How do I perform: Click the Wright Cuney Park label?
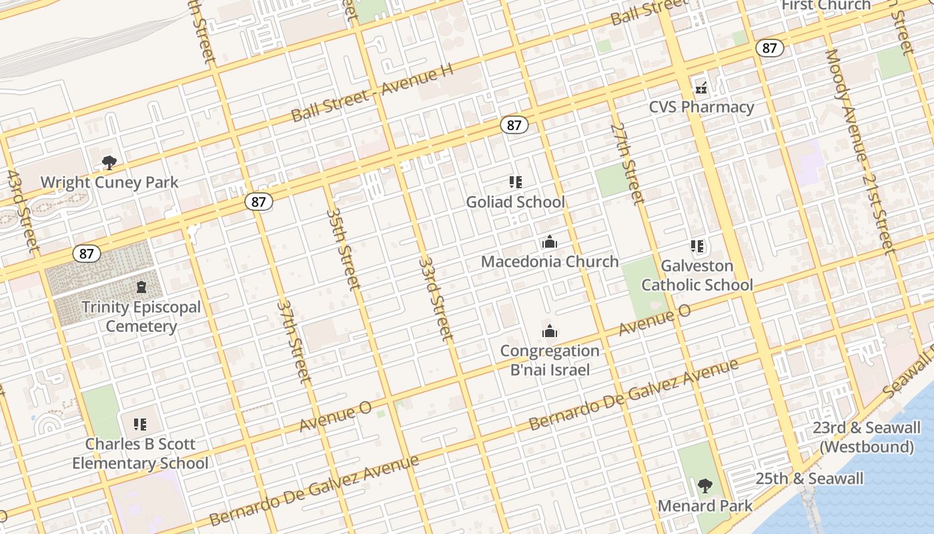click(x=109, y=182)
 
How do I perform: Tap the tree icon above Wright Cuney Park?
click(x=109, y=162)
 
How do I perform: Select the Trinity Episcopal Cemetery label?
click(x=141, y=317)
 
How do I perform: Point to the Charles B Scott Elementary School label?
click(x=140, y=453)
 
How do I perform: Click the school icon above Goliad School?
click(x=515, y=182)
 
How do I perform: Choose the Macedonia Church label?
click(x=550, y=262)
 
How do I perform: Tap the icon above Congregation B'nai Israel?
click(x=549, y=331)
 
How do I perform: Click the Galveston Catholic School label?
click(x=697, y=275)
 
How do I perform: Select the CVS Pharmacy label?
click(x=702, y=107)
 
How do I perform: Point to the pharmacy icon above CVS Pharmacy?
click(x=701, y=87)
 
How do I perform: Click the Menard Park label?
click(x=705, y=505)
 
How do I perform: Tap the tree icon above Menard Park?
click(x=705, y=485)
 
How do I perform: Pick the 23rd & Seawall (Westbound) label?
click(x=866, y=437)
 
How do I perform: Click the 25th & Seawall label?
click(x=809, y=479)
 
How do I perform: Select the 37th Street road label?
click(x=294, y=342)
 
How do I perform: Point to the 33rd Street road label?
click(x=436, y=298)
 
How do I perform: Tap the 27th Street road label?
click(x=628, y=162)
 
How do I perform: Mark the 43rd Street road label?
click(x=23, y=212)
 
